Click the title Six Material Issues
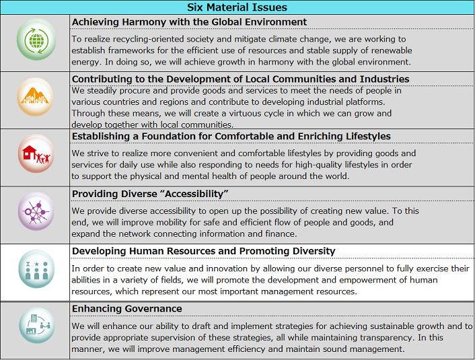click(x=237, y=7)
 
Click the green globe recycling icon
click(x=35, y=42)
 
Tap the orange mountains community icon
click(x=35, y=100)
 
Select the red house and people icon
click(x=35, y=157)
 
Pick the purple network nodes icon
click(x=35, y=214)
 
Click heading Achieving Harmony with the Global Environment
click(x=189, y=22)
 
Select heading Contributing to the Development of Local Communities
click(x=240, y=79)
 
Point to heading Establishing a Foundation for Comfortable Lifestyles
click(x=231, y=136)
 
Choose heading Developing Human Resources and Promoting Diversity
click(x=203, y=251)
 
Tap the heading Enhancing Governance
click(x=126, y=308)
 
